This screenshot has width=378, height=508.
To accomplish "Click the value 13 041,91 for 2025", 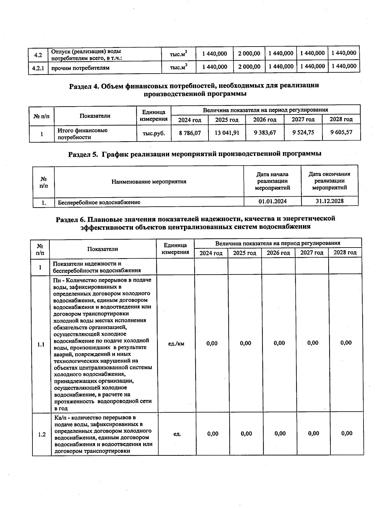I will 227,133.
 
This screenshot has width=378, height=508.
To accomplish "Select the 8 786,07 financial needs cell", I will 190,133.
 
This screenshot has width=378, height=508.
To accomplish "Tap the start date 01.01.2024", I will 272,201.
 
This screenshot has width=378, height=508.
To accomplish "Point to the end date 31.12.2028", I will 329,201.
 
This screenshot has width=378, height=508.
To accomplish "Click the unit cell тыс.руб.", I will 154,133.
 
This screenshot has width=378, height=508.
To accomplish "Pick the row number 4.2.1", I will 38,68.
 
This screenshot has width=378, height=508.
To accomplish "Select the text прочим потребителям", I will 80,68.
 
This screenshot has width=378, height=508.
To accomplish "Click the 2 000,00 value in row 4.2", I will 249,54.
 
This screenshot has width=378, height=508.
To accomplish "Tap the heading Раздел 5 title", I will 195,154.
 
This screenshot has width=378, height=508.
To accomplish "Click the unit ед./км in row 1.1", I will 176,344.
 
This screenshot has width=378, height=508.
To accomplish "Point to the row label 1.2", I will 42,435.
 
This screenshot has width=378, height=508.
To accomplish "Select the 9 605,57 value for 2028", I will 341,132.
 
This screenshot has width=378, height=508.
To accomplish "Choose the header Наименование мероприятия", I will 149,181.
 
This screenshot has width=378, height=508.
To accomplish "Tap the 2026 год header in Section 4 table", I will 265,120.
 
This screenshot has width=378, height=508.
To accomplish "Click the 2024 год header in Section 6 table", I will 211,253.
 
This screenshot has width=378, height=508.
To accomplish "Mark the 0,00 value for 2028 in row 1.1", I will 346,343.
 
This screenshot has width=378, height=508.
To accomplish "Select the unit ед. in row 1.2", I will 177,434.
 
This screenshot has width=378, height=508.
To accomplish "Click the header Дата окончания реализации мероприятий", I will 329,181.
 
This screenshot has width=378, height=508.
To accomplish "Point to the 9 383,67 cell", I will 265,133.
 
